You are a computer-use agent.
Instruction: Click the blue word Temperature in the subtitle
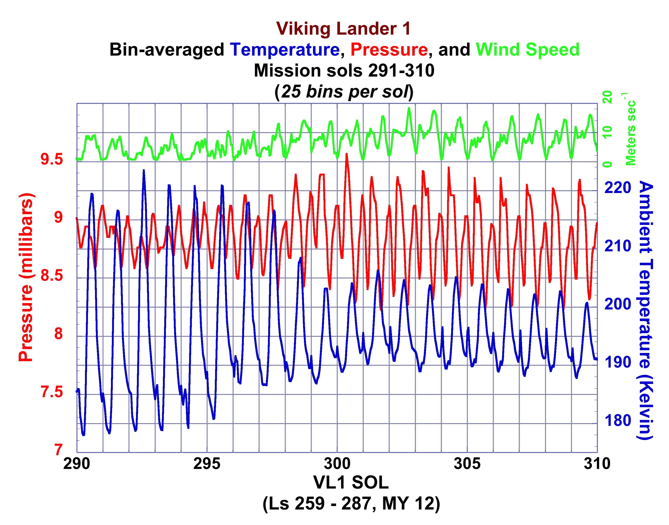285,50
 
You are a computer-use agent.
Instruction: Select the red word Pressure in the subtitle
389,50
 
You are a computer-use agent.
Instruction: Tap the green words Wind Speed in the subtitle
527,50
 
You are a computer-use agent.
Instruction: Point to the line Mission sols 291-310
344,71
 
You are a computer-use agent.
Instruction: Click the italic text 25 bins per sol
344,92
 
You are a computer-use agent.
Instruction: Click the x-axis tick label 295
207,463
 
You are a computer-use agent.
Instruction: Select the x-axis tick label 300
337,463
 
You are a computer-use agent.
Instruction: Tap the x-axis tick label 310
597,463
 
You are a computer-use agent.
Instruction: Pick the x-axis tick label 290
77,463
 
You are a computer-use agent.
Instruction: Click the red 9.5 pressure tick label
52,159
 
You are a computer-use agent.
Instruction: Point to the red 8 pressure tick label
58,334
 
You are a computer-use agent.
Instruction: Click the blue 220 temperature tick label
618,188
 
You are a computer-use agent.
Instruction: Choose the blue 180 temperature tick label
618,420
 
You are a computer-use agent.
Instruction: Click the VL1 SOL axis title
351,483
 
